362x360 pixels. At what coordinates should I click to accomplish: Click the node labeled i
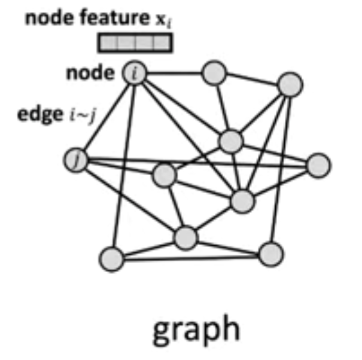135,74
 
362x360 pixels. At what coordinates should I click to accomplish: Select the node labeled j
75,160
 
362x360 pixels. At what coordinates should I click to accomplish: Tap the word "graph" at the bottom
196,330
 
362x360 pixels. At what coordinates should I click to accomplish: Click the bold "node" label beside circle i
90,74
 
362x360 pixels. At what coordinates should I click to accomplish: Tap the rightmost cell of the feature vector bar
163,43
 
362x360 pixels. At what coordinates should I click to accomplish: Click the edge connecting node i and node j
105,117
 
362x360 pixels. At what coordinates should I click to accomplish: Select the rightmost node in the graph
318,165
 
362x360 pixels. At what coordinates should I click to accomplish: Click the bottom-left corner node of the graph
111,259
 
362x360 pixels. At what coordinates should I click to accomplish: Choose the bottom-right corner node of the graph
270,254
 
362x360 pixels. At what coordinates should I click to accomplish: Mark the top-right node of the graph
290,84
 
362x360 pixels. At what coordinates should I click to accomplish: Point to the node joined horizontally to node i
214,74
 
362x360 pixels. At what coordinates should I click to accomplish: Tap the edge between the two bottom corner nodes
191,257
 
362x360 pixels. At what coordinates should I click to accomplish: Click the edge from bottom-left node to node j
93,209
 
